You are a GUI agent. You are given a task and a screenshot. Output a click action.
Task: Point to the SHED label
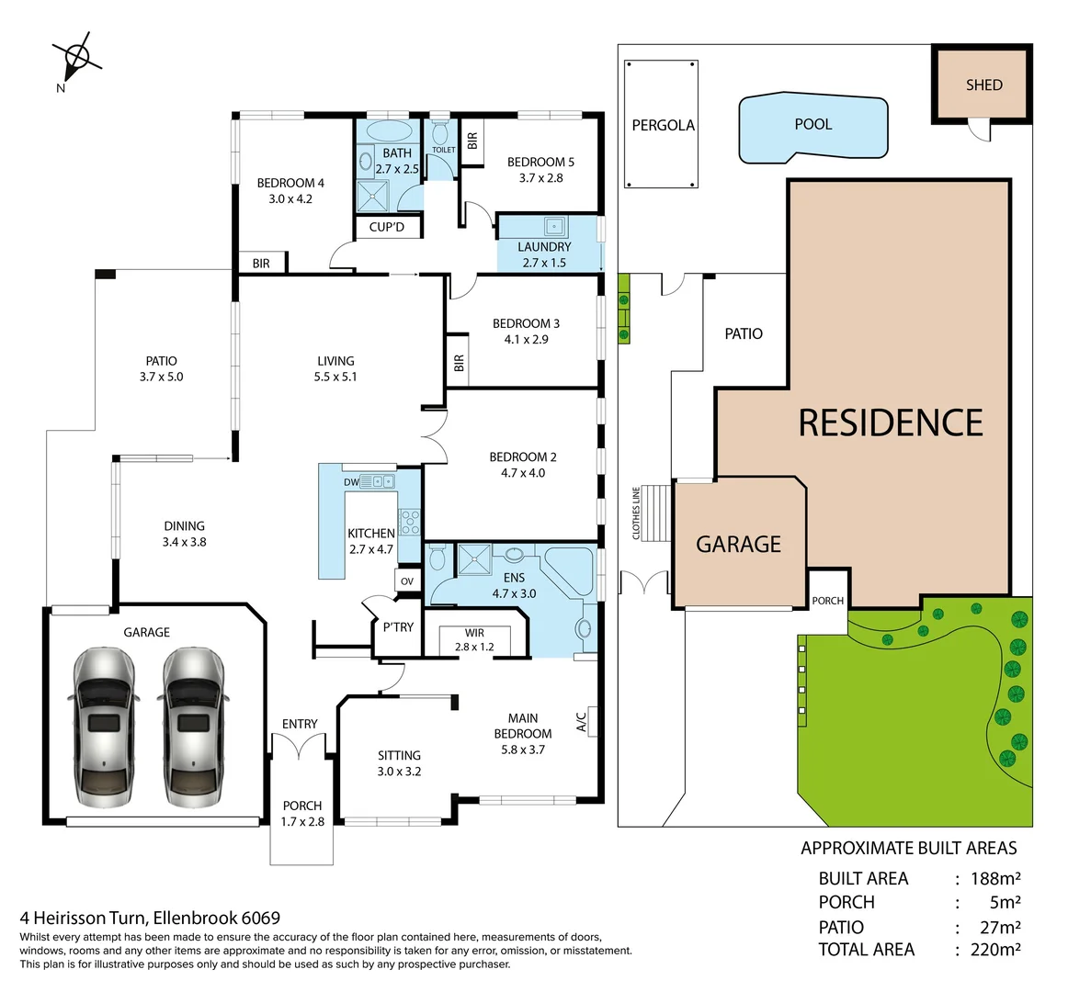point(983,85)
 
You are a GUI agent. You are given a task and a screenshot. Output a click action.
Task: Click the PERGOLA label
point(663,125)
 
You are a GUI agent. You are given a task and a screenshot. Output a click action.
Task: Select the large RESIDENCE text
point(891,423)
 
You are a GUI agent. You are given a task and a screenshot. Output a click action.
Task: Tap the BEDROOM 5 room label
point(540,163)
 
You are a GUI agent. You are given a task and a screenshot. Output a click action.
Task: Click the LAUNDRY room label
point(544,247)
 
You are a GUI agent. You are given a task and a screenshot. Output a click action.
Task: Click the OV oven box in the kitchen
point(407,581)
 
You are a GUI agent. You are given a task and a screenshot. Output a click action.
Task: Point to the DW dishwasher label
point(351,482)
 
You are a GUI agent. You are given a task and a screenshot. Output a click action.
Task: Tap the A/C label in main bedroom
point(581,722)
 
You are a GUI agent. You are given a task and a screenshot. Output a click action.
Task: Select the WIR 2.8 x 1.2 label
point(474,639)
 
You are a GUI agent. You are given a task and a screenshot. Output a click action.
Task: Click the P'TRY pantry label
point(398,627)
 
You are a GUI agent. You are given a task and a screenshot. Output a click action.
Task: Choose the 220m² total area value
point(995,950)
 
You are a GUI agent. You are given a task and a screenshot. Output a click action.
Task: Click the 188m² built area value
point(995,878)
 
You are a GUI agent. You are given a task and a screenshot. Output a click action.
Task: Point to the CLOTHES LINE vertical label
point(635,513)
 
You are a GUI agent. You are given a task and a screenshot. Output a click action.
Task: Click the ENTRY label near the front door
point(300,724)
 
